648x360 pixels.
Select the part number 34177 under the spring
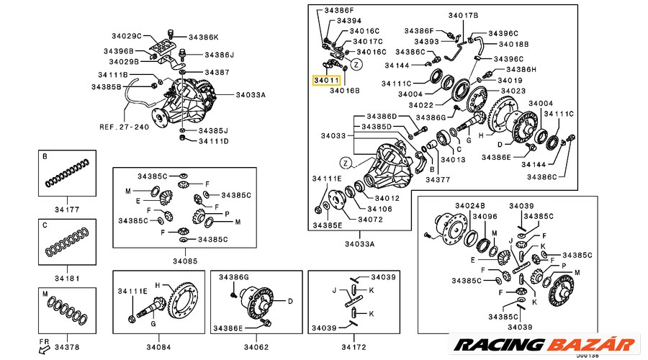(x=66, y=210)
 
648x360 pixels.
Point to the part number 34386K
(x=203, y=37)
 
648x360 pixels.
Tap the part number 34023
(x=513, y=91)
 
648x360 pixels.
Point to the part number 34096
(x=484, y=215)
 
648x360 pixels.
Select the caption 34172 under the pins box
(x=354, y=347)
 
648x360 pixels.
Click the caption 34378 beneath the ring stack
(x=66, y=348)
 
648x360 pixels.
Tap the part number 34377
(x=437, y=180)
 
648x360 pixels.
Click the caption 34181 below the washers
(x=66, y=278)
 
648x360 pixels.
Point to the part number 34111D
(x=213, y=141)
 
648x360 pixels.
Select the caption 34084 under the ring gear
(x=158, y=347)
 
